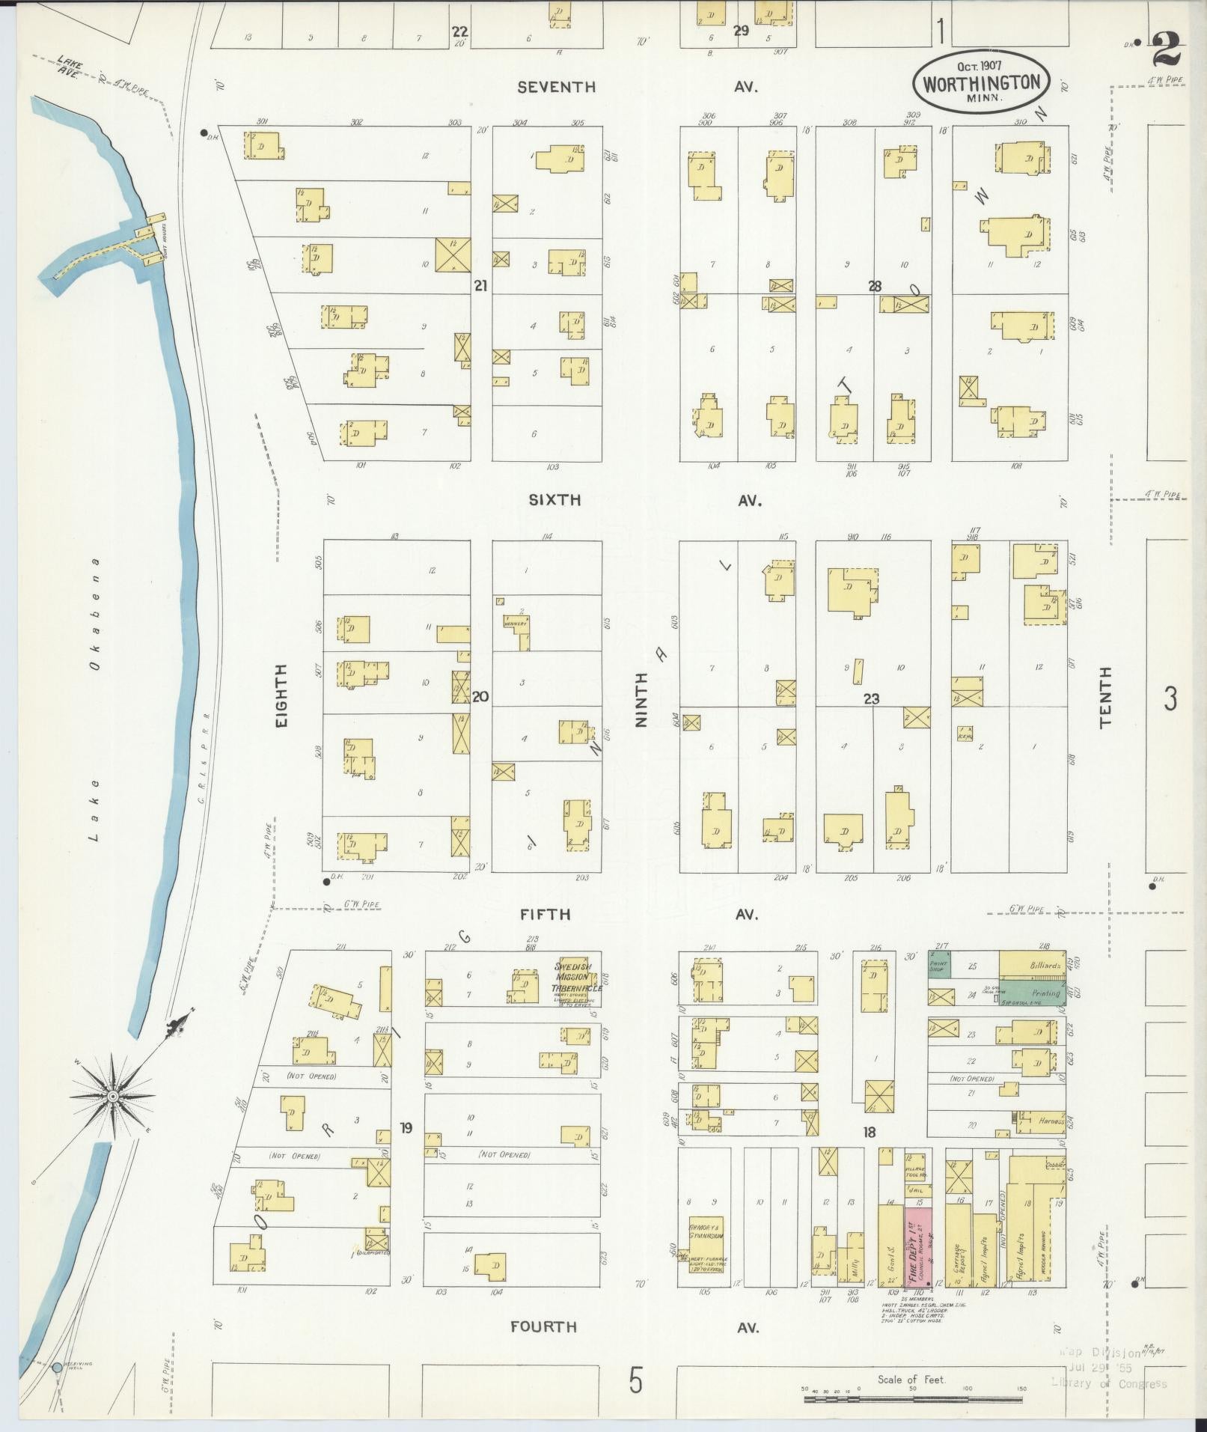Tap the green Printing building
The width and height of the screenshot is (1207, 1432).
point(1033,993)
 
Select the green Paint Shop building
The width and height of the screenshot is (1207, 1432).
point(939,965)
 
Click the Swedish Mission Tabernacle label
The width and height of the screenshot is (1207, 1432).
point(577,977)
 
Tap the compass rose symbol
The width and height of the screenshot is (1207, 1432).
point(113,1096)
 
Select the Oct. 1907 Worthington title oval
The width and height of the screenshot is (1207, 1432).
point(981,81)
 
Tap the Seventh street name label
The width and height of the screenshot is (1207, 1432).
point(557,87)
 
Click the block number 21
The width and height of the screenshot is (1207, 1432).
point(480,284)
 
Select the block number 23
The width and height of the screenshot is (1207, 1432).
point(871,698)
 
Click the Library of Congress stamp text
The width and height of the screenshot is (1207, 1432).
point(1109,1383)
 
